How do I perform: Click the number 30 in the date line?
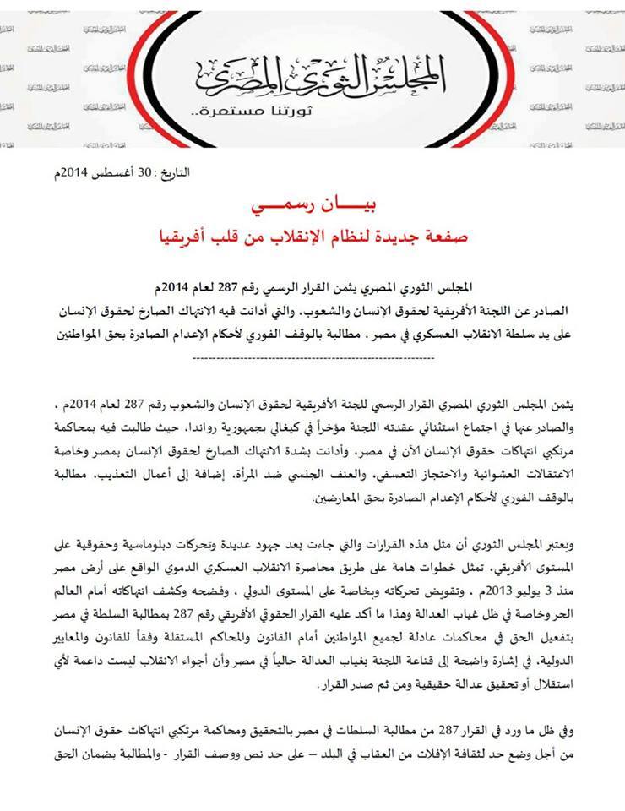coord(144,173)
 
